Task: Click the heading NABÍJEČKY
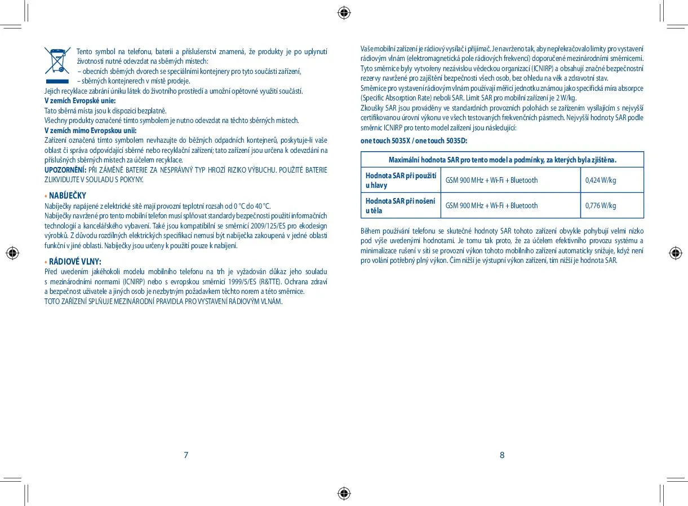point(67,196)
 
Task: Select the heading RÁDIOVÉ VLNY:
point(75,262)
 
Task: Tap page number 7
point(186,455)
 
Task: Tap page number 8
point(502,455)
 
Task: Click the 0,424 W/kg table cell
point(601,181)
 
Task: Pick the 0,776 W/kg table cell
point(601,206)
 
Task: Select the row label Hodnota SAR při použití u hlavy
point(401,181)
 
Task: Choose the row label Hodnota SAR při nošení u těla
point(401,205)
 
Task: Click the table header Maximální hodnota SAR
point(502,160)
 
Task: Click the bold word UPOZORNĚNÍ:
point(65,170)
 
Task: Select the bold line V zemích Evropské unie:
point(80,101)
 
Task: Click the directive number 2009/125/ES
point(274,226)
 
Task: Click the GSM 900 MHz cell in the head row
point(491,181)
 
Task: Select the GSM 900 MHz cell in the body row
point(491,206)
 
